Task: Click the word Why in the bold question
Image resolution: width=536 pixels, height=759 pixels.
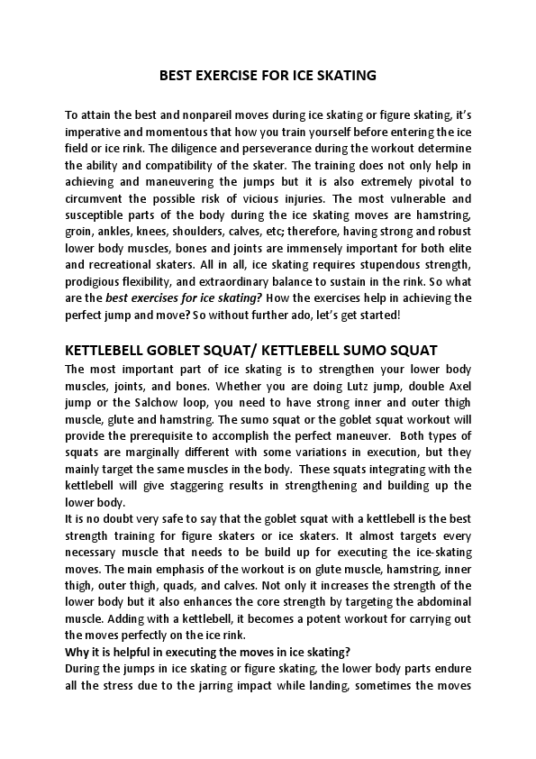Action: (x=77, y=651)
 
